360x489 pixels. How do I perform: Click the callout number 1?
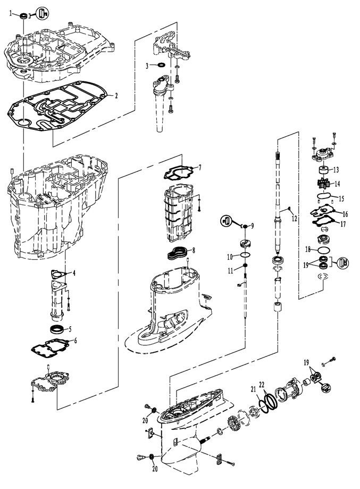coord(11,13)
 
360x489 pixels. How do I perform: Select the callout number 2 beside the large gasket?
coord(116,96)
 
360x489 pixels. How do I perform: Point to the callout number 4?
coord(74,273)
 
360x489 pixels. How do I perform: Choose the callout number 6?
coord(75,340)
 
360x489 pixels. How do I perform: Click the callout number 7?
coord(200,168)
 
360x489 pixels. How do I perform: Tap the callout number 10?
coord(230,257)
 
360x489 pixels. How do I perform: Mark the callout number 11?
coord(230,271)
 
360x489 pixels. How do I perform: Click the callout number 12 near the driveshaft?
coord(294,219)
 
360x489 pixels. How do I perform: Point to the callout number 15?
coord(341,198)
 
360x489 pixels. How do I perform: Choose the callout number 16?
coord(345,214)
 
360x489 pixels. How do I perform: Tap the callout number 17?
coord(343,224)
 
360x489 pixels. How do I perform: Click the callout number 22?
coord(262,385)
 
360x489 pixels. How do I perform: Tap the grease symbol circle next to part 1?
coord(43,13)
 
